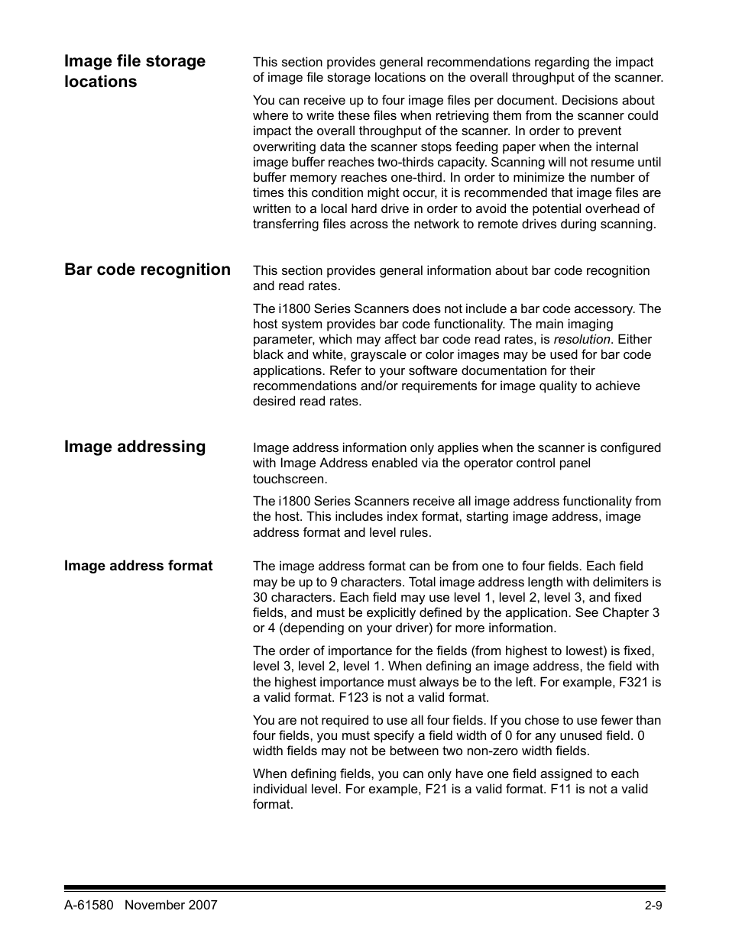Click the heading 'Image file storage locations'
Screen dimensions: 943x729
point(134,71)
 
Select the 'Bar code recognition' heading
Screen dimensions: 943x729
point(147,270)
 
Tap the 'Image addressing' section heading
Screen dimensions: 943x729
point(134,447)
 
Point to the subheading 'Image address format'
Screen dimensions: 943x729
point(138,566)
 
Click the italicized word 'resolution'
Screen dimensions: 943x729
point(582,340)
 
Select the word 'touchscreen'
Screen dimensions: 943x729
point(290,480)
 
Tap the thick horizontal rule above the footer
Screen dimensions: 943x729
point(364,888)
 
